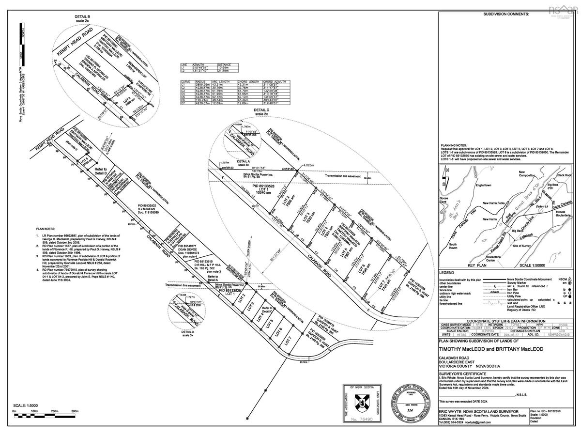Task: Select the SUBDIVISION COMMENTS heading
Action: (x=507, y=15)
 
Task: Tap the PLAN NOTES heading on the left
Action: (x=46, y=228)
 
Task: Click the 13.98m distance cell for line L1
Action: (x=224, y=68)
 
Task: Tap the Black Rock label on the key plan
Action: (x=564, y=174)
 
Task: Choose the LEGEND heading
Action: (x=447, y=273)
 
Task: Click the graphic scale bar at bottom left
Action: (x=46, y=416)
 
